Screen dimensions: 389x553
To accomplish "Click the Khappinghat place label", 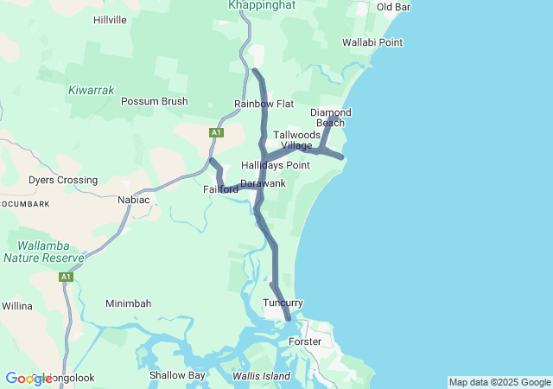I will (261, 5).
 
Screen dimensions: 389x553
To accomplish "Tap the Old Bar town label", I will (393, 7).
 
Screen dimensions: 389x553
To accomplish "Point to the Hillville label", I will (110, 19).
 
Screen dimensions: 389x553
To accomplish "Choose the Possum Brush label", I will (154, 101).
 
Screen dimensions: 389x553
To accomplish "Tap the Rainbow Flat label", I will (264, 104).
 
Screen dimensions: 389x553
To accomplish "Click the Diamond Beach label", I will (331, 118).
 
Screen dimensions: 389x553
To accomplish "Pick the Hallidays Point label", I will (276, 165).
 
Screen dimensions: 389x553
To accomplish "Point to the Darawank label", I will (263, 183).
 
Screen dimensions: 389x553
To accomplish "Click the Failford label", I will (220, 189).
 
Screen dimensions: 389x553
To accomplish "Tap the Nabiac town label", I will (133, 200).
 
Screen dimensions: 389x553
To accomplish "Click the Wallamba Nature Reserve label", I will (43, 252).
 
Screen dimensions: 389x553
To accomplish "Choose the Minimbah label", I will (128, 303).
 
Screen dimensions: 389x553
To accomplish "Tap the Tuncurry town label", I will (283, 303).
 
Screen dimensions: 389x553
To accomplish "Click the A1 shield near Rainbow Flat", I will (216, 132).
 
